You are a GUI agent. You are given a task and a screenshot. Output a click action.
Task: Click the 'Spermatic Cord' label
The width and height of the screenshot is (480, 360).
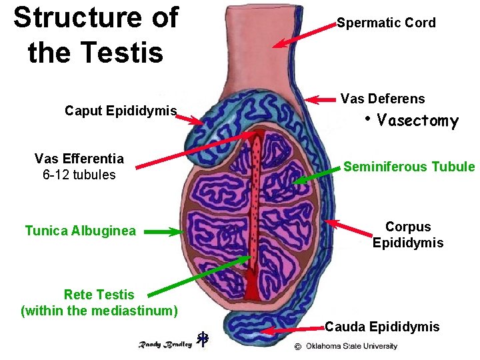[386, 23]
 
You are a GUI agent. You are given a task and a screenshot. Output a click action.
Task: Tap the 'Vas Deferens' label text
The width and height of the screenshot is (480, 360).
[382, 99]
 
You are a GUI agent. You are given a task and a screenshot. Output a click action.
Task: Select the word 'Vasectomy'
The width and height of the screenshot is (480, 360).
[417, 121]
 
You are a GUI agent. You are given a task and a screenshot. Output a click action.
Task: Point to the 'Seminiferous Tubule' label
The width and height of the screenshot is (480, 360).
[409, 167]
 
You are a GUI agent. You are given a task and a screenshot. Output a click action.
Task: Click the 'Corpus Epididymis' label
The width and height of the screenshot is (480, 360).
[408, 235]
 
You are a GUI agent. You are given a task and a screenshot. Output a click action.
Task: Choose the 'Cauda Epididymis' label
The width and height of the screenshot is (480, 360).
[382, 327]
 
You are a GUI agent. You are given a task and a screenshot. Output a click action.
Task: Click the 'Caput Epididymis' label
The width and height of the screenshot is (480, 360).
[121, 111]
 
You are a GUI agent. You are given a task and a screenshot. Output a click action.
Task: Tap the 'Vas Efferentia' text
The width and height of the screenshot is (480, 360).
[79, 159]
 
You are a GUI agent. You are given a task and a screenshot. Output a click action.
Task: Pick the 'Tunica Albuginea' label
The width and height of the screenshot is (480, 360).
[80, 231]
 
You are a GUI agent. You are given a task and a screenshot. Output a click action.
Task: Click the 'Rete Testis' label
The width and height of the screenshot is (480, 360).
[99, 295]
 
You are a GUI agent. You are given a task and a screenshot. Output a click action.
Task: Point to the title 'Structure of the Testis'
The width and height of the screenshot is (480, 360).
[95, 35]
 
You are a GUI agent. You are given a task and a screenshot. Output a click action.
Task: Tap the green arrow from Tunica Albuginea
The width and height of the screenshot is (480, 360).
[163, 232]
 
